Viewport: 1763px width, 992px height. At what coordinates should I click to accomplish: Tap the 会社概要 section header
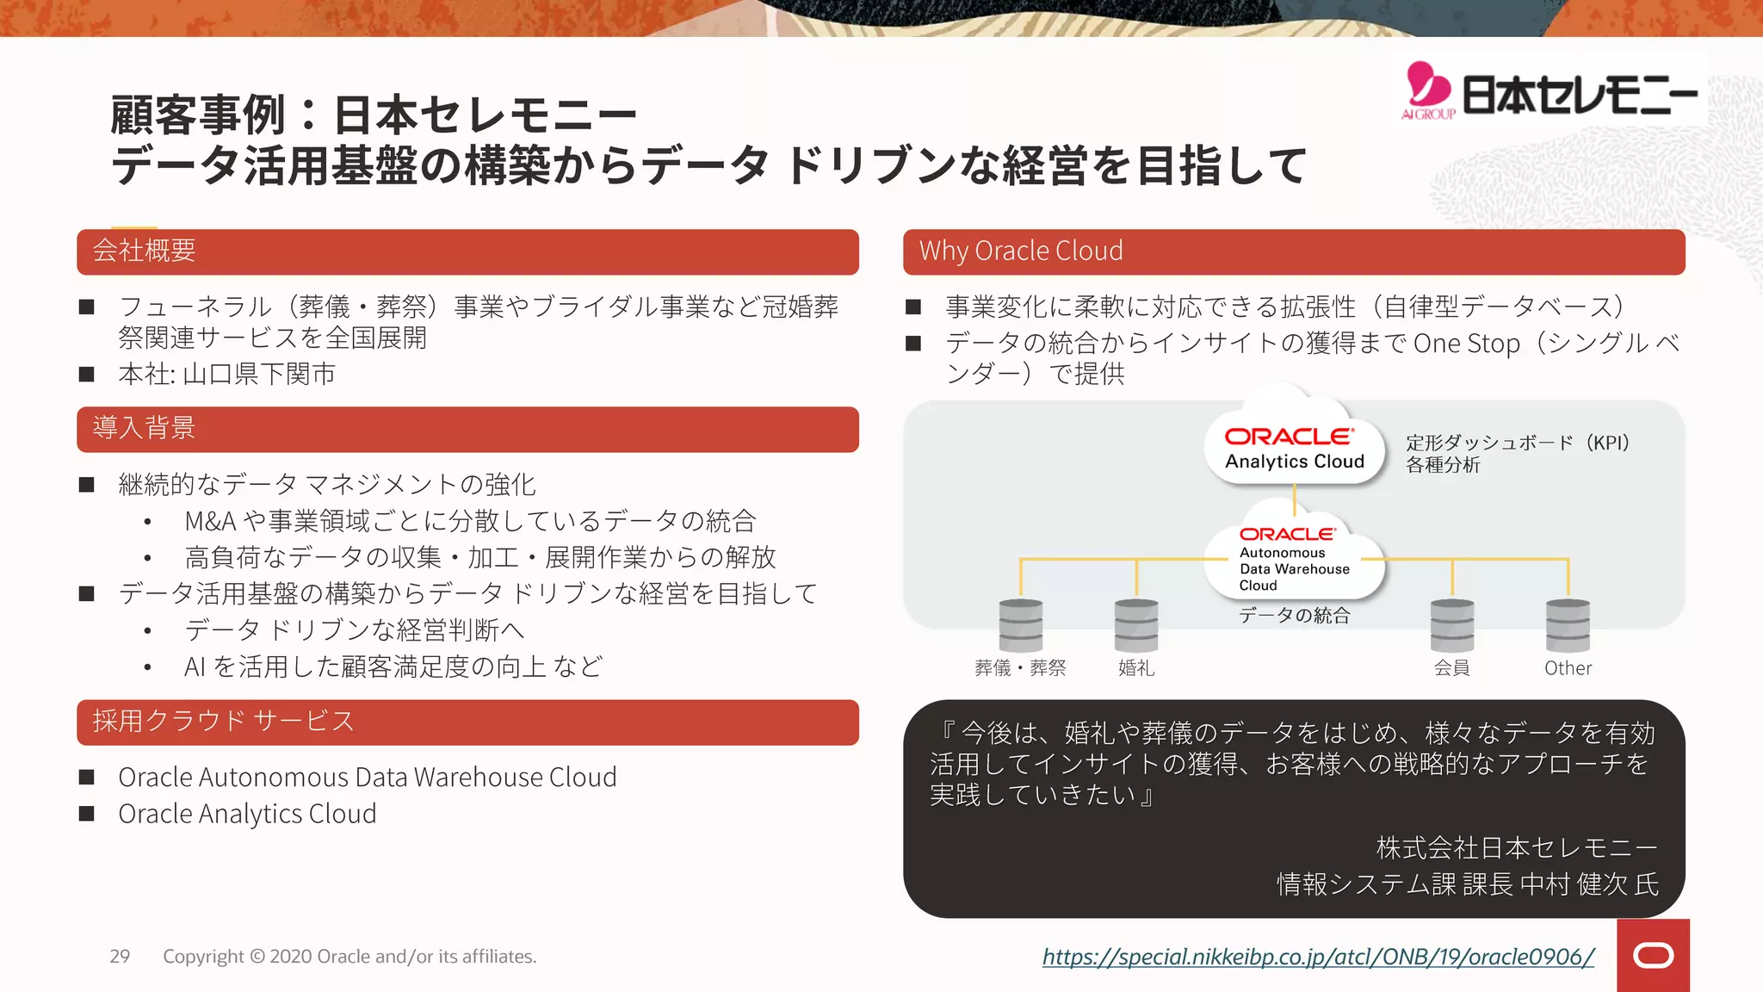click(x=467, y=251)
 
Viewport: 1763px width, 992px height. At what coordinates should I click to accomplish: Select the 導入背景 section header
click(x=467, y=429)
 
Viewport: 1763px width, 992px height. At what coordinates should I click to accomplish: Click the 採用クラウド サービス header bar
click(x=467, y=722)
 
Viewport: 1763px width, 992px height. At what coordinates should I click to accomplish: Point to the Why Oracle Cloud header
click(x=1293, y=251)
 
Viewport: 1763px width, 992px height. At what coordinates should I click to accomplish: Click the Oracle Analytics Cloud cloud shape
click(x=1294, y=448)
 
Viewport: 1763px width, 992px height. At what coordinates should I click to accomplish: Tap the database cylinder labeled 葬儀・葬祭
click(x=1021, y=625)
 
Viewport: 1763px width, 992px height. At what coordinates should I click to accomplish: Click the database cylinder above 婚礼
click(x=1136, y=625)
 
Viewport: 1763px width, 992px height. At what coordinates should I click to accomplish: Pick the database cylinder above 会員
click(x=1452, y=625)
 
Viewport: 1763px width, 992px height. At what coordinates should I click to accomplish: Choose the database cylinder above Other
click(x=1568, y=625)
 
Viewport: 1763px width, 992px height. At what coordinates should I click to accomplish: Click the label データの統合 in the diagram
click(x=1294, y=616)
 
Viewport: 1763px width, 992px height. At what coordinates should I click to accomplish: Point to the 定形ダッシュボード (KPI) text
click(x=1518, y=443)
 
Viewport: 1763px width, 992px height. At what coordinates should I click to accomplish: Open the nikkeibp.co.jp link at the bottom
click(x=1318, y=957)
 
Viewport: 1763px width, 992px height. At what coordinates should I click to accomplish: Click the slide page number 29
click(x=120, y=957)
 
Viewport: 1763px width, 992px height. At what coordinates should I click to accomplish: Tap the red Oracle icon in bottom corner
click(x=1653, y=956)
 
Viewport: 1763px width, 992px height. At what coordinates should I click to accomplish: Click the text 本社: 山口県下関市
click(x=227, y=375)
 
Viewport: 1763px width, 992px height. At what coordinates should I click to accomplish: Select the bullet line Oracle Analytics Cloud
click(x=247, y=814)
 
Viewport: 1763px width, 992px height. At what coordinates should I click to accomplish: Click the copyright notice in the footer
click(x=350, y=957)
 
